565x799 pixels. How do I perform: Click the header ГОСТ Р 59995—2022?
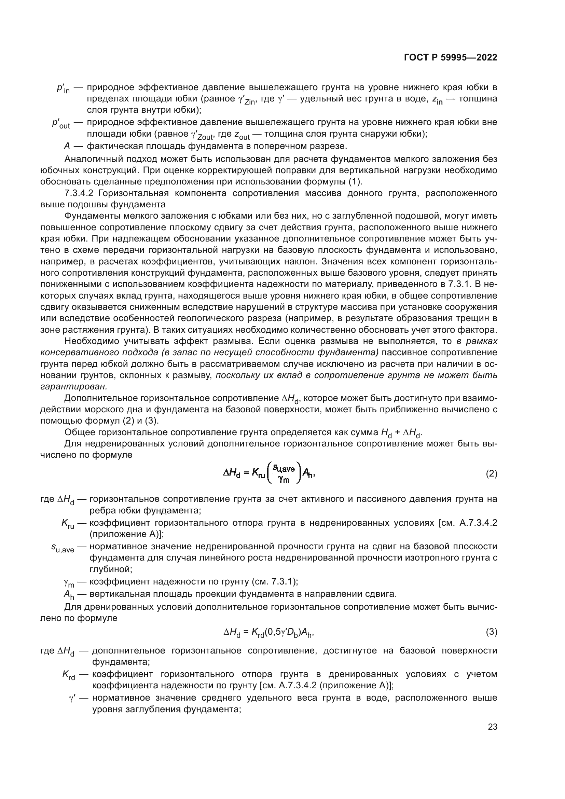pos(450,58)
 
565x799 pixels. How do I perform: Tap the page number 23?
pos(492,727)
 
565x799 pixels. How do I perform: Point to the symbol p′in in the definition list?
pos(63,88)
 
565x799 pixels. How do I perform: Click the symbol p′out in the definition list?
pos(61,124)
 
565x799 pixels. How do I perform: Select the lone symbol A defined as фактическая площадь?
pos(67,146)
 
